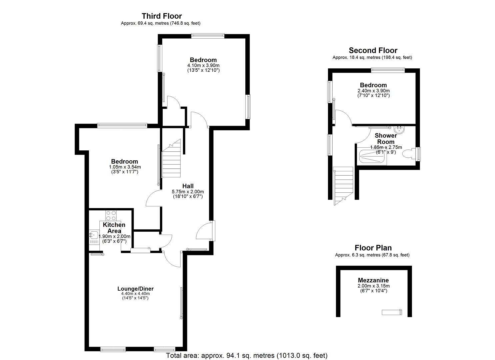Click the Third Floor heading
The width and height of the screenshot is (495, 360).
pyautogui.click(x=162, y=16)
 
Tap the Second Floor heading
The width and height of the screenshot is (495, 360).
pyautogui.click(x=373, y=50)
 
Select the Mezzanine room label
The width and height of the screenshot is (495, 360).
pyautogui.click(x=373, y=280)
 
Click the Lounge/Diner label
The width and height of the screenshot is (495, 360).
pyautogui.click(x=135, y=289)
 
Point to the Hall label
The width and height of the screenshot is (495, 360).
pyautogui.click(x=188, y=186)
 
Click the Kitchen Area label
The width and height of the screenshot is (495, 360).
pyautogui.click(x=114, y=228)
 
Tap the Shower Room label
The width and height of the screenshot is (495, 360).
pyautogui.click(x=386, y=139)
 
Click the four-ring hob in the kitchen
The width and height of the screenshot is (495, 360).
pyautogui.click(x=111, y=215)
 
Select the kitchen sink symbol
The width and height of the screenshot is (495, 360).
pyautogui.click(x=94, y=235)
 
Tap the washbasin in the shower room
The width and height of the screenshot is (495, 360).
pyautogui.click(x=399, y=130)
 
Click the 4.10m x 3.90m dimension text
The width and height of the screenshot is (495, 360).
pyautogui.click(x=203, y=65)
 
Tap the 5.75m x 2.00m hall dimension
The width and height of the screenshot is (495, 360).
pyautogui.click(x=188, y=192)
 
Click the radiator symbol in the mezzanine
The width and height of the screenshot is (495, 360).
pyautogui.click(x=392, y=312)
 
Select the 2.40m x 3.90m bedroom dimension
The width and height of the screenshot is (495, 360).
pyautogui.click(x=373, y=91)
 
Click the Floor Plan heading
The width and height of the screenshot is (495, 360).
pyautogui.click(x=373, y=248)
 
